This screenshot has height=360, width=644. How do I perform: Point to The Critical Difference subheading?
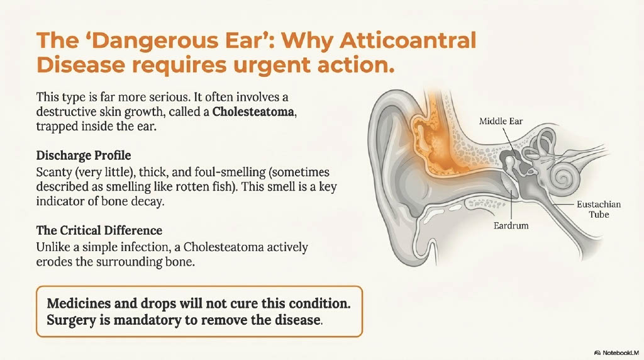tap(99, 231)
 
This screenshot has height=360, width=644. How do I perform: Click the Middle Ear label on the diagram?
tap(502, 121)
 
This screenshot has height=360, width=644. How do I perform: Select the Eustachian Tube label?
tap(597, 210)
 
